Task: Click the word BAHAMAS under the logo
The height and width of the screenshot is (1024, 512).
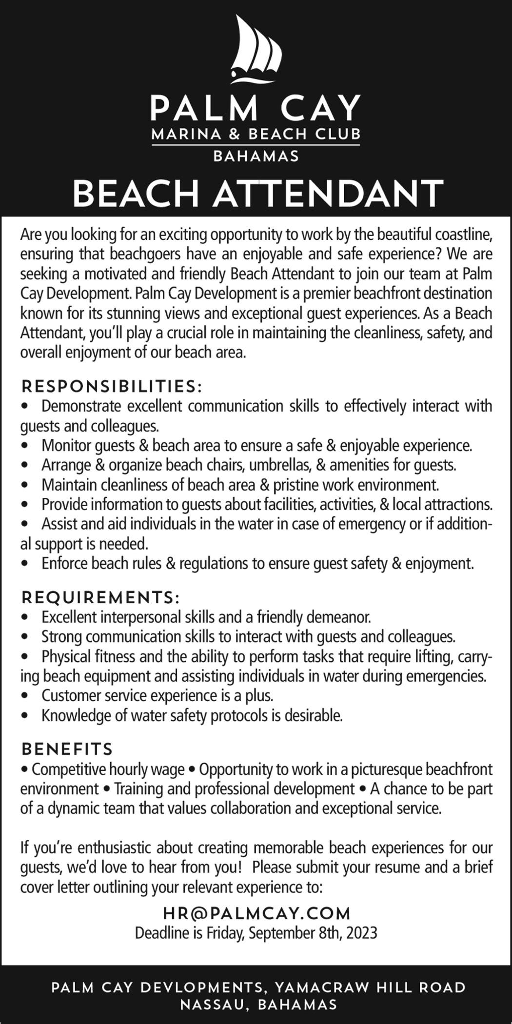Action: click(256, 157)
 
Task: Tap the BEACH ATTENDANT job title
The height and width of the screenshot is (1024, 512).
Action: click(257, 193)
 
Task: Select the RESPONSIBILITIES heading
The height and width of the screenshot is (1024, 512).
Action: click(111, 386)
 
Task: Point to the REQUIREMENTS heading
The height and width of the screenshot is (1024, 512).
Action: click(100, 597)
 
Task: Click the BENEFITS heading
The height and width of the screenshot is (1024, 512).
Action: click(67, 748)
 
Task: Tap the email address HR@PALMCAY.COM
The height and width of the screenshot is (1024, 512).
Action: click(256, 913)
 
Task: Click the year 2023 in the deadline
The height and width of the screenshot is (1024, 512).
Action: click(362, 933)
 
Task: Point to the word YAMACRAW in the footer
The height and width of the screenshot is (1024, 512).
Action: click(322, 988)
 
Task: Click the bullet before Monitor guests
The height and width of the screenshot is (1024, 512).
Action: click(25, 446)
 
